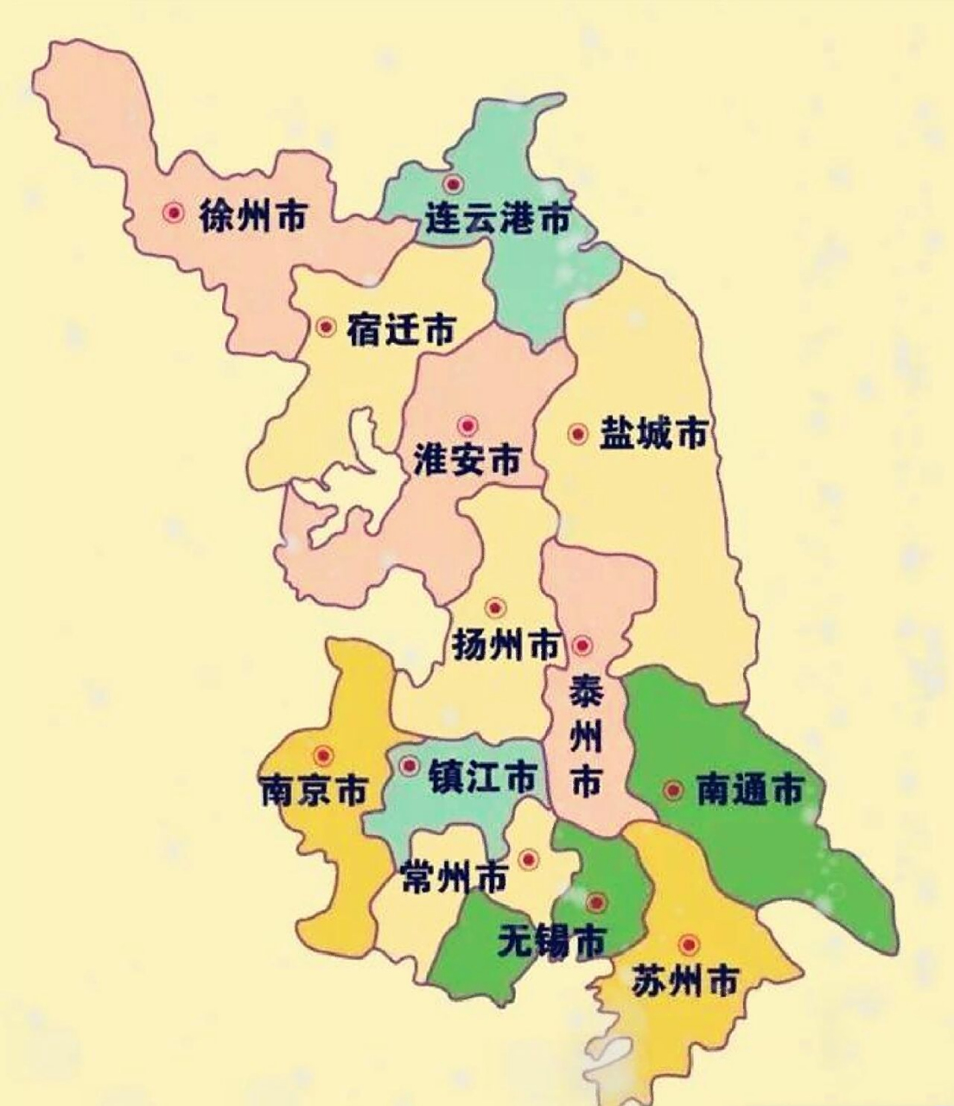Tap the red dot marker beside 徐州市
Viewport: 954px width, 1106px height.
coord(174,213)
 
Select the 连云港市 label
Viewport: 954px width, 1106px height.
coord(499,219)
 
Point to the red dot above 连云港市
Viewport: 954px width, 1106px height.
coord(452,183)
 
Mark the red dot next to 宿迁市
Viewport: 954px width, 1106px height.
coord(326,327)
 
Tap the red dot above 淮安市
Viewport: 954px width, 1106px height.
coord(468,425)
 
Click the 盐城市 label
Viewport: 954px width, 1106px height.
coord(654,433)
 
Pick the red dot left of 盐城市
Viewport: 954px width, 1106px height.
coord(577,434)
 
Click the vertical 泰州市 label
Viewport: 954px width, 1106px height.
coord(586,737)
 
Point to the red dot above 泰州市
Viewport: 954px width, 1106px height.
coord(582,645)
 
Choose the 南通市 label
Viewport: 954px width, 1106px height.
coord(750,790)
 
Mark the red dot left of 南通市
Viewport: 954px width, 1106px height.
coord(672,790)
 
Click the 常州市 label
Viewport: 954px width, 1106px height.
coord(455,880)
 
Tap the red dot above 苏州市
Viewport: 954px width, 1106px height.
coord(688,944)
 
